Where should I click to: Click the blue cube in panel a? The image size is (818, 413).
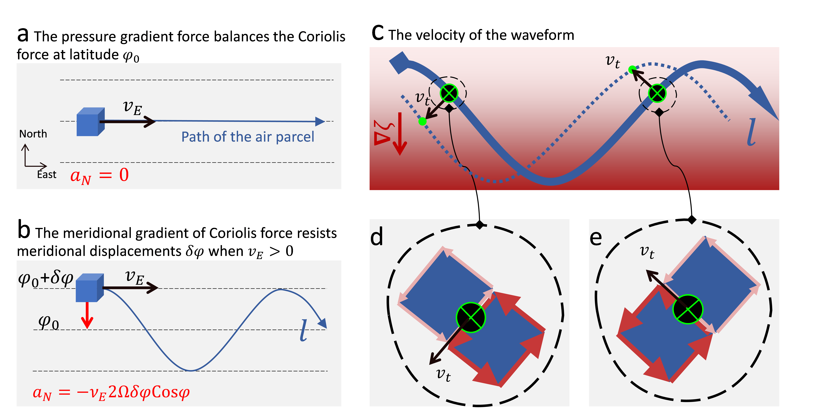[x=91, y=122]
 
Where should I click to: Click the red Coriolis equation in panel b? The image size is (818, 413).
[x=111, y=393]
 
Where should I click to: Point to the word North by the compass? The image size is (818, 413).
[x=33, y=134]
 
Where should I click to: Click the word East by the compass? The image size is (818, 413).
[x=47, y=174]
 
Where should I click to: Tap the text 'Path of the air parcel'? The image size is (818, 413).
[x=248, y=137]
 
